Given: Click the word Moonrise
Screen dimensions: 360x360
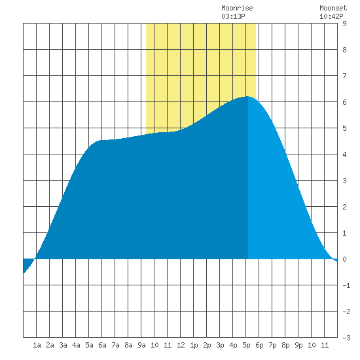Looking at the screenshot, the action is tap(237, 8).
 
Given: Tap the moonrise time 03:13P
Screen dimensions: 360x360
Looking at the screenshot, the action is tap(233, 16).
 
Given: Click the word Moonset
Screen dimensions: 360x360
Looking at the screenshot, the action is tap(333, 8).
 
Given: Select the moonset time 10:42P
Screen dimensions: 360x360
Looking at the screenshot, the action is tap(331, 16).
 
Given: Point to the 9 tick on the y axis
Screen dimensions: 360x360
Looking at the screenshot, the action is tap(344, 24).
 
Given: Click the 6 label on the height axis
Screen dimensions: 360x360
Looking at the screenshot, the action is tap(344, 102).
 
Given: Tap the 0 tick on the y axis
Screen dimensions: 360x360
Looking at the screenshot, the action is tap(344, 259).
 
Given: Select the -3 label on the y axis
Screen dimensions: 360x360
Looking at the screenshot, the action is tap(346, 338).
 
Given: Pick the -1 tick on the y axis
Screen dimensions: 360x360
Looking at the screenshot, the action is tap(346, 285).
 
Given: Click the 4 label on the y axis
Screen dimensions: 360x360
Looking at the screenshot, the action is tap(344, 154).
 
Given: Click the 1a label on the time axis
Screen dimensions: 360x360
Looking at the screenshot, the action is tap(37, 345).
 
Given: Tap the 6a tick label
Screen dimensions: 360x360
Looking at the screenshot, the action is tap(102, 345).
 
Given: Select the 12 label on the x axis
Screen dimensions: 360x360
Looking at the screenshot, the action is tap(181, 345).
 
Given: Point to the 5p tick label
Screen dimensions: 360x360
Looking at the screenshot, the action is tap(246, 345).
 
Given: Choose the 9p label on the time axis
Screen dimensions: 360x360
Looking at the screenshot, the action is tap(298, 345).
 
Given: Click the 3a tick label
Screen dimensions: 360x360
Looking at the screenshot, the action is tap(63, 345).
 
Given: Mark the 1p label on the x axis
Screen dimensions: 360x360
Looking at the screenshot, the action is tap(194, 345).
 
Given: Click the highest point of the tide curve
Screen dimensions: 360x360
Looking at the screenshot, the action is tap(247, 97).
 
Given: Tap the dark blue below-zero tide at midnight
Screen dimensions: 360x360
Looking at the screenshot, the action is tap(27, 264).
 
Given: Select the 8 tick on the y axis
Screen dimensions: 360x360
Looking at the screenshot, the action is tap(344, 50).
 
